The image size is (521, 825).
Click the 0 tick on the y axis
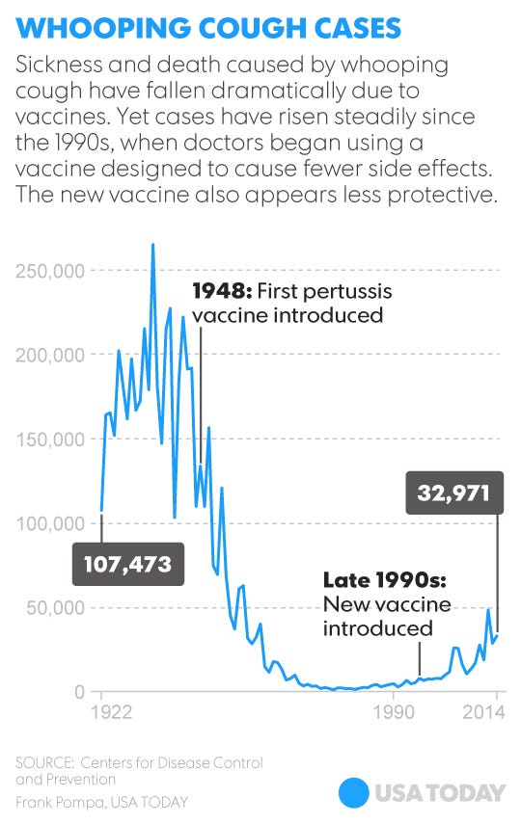[x=83, y=692]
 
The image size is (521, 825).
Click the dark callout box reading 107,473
[x=128, y=564]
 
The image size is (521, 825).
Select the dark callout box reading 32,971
[x=454, y=494]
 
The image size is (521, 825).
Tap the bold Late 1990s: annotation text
[x=383, y=581]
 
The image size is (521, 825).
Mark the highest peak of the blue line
[x=152, y=245]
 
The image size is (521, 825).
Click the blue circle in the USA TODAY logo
[x=355, y=792]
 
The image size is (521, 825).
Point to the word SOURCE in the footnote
[x=44, y=763]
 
